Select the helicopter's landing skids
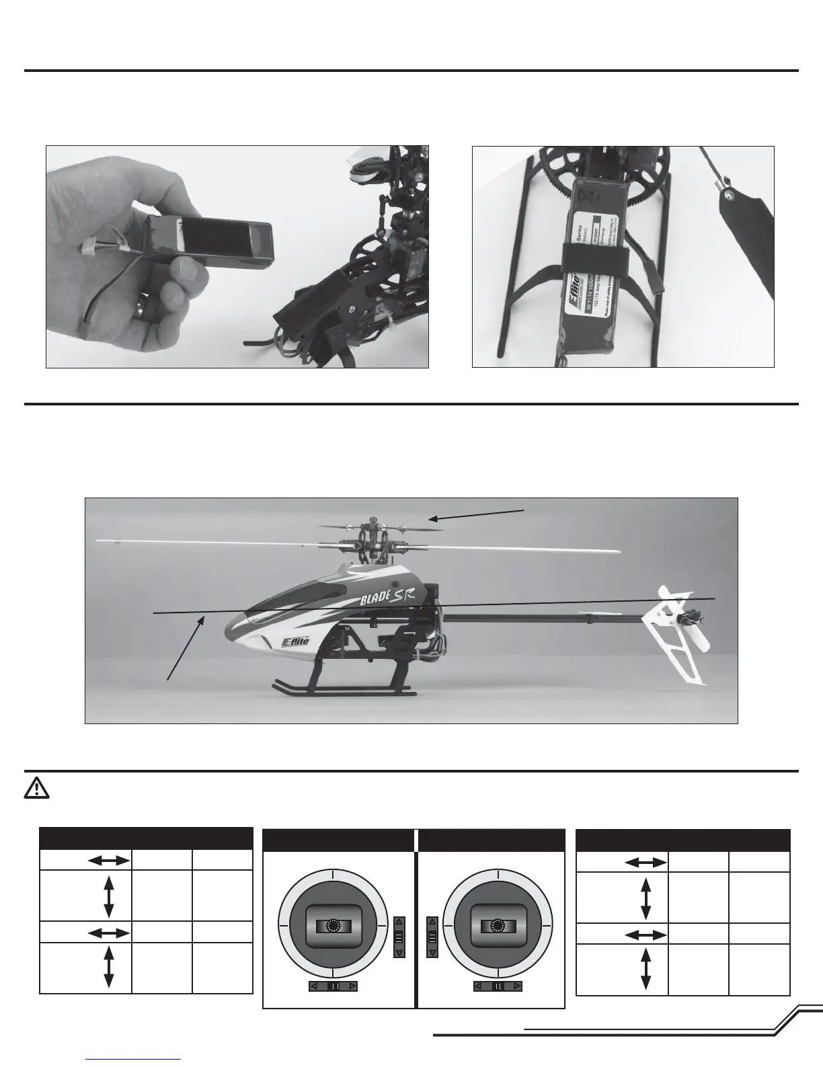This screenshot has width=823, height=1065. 344,689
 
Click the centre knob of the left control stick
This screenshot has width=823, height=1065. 333,926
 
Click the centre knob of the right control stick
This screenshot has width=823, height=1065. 498,926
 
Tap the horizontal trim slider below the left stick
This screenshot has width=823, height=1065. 334,986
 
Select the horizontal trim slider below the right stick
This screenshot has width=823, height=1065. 498,986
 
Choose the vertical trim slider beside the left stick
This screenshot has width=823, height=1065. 399,937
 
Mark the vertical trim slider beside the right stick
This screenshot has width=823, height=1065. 432,937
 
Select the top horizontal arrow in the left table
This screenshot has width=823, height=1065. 108,860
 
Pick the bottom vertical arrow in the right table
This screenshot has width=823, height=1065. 646,969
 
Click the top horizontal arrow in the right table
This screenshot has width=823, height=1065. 646,862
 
